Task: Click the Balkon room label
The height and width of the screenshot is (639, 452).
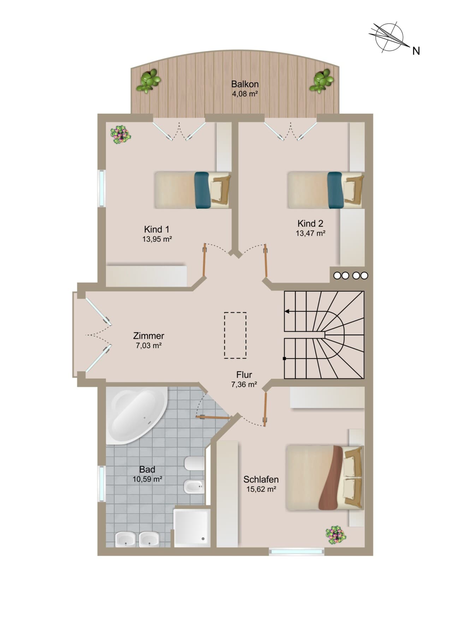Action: (x=245, y=84)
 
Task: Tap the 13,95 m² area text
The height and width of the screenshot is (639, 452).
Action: (x=157, y=239)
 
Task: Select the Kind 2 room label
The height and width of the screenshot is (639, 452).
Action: (x=310, y=223)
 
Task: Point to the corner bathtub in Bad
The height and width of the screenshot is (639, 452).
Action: (x=136, y=415)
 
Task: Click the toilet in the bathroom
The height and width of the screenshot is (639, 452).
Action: (x=194, y=463)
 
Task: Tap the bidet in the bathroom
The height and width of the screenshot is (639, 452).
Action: (x=194, y=488)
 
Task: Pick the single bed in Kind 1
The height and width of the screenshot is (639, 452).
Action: (x=193, y=190)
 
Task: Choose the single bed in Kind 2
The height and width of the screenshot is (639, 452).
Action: (x=326, y=190)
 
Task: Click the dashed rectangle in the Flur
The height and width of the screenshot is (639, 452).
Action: (x=235, y=335)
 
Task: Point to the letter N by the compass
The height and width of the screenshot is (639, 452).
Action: (x=416, y=51)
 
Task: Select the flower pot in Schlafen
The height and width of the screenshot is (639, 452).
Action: (x=335, y=535)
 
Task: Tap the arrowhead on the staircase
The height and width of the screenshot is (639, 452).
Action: (x=287, y=312)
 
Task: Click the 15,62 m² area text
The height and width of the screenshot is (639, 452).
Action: (x=261, y=489)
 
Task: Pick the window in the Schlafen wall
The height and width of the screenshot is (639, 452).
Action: (x=296, y=552)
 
